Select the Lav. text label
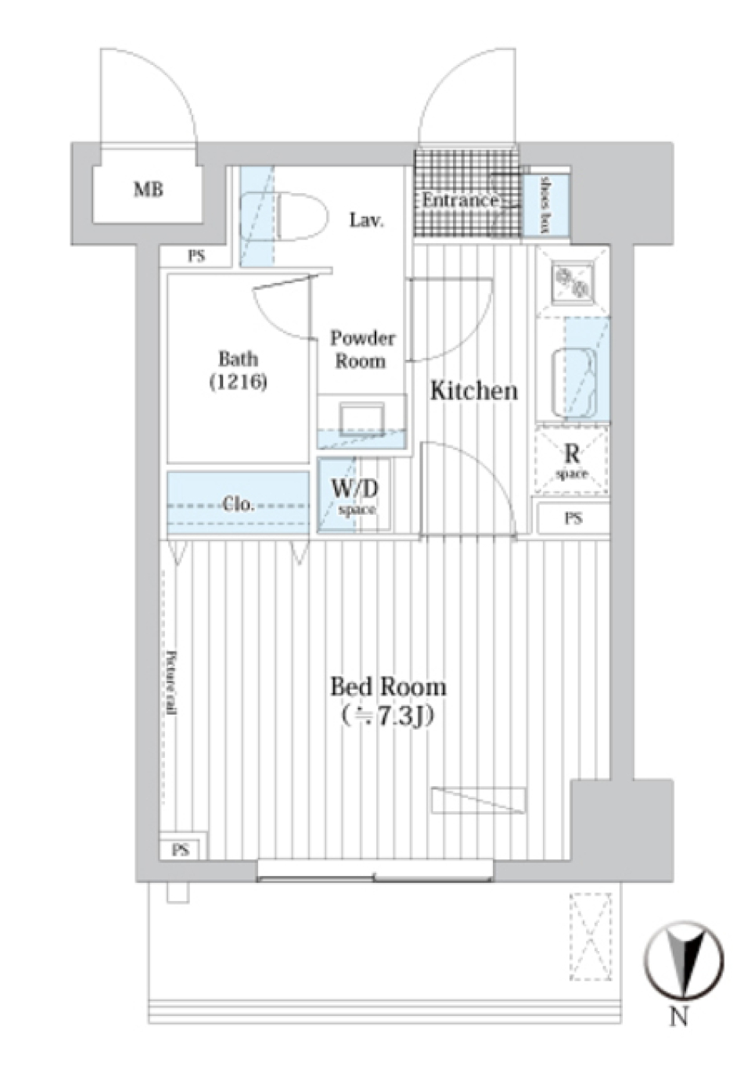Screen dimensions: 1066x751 366,221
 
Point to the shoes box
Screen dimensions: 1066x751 544,203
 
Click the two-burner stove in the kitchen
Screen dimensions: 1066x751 573,283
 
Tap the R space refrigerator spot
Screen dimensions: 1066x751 572,461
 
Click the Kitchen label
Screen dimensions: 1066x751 474,390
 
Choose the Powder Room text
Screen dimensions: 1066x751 361,350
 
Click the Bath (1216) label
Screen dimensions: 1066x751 238,370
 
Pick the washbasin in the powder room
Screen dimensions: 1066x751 362,418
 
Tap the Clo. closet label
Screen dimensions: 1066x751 238,504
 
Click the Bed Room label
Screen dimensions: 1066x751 388,687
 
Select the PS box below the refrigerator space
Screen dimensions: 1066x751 573,518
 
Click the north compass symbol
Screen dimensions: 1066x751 683,961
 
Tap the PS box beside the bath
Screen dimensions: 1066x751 196,256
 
